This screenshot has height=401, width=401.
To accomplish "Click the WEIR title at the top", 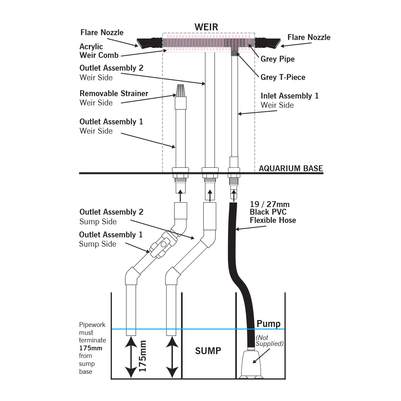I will (206, 27).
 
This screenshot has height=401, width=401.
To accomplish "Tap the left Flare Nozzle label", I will (102, 32).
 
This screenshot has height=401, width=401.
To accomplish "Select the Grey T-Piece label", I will (283, 77).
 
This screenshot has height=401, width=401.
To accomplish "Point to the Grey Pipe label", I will (277, 59).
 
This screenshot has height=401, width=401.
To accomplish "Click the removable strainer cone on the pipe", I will (181, 90).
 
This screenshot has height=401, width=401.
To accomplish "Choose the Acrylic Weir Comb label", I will (99, 51).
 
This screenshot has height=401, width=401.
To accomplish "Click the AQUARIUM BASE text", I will (291, 168).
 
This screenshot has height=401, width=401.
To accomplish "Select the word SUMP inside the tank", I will (208, 351).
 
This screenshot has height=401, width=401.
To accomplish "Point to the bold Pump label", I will (268, 324).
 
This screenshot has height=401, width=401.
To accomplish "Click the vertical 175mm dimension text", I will (142, 356).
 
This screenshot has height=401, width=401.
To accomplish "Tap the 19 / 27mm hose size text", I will (269, 204).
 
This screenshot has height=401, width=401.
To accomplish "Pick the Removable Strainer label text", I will (114, 93).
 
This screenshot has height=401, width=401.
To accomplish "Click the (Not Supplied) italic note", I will (269, 341).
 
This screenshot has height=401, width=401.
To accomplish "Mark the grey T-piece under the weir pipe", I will (234, 52).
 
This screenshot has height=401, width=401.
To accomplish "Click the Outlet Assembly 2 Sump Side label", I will (111, 216).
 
